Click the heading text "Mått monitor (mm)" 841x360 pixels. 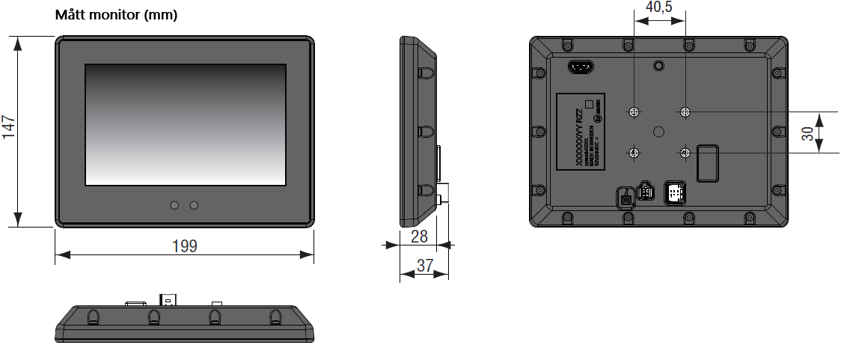[x=116, y=15]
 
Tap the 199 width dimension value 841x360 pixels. [x=184, y=245]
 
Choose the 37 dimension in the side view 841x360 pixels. [x=424, y=265]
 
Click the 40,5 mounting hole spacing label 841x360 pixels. [x=658, y=7]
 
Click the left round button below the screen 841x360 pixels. [x=174, y=205]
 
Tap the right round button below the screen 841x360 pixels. [x=194, y=205]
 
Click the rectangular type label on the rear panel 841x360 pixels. [x=581, y=130]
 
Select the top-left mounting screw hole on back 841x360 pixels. [x=634, y=112]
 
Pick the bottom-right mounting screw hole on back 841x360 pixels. [x=685, y=153]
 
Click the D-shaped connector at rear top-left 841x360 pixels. [x=581, y=67]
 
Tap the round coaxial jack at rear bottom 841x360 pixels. [x=625, y=198]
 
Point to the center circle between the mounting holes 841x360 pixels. [x=659, y=132]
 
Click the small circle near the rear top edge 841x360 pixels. [x=658, y=66]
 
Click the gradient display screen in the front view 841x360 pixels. [x=185, y=125]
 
